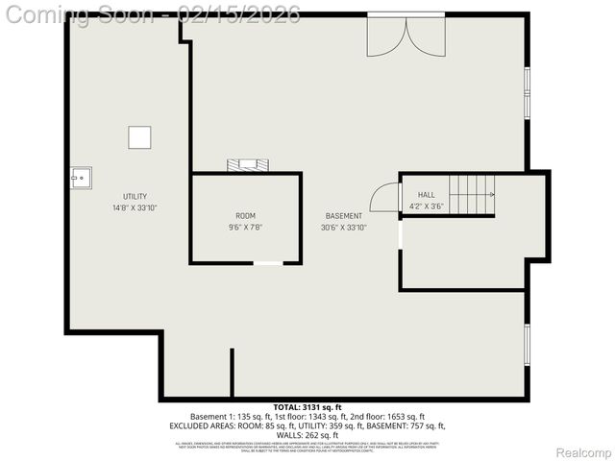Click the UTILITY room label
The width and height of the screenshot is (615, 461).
[x=135, y=197]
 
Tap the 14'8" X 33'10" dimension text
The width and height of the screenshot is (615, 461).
[x=135, y=207]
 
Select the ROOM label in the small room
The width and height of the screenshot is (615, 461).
[x=246, y=216]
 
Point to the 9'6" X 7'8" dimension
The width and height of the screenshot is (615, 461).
[x=246, y=227]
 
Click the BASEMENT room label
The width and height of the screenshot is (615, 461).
[x=344, y=216]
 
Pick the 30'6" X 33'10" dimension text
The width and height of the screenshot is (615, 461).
[x=344, y=228]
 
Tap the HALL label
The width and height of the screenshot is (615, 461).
[x=426, y=194]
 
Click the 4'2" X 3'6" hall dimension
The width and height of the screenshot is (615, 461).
[x=426, y=206]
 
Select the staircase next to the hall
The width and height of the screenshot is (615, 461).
[x=472, y=195]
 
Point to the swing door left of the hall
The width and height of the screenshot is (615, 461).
[x=386, y=198]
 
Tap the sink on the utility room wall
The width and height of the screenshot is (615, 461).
[x=80, y=177]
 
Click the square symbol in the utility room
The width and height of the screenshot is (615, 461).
[x=140, y=137]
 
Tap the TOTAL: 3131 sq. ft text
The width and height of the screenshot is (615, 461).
[x=307, y=407]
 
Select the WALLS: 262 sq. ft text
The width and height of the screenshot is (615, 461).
[x=307, y=435]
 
